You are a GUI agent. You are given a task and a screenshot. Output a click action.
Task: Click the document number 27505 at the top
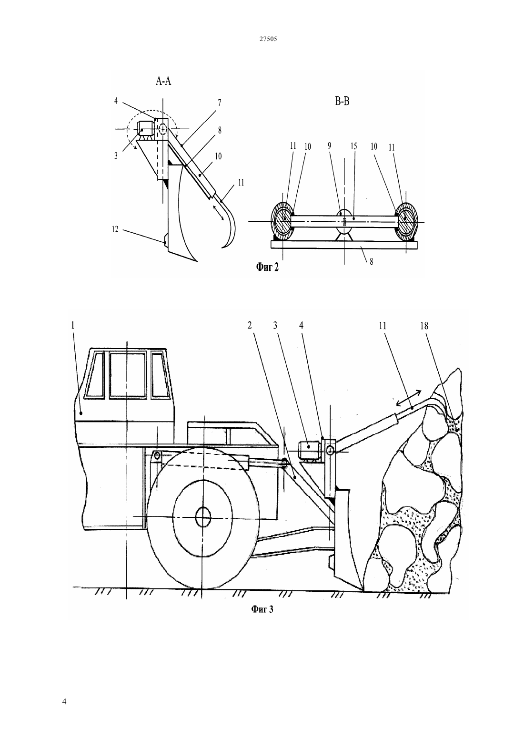click(268, 39)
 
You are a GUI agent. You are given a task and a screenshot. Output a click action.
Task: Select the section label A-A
click(163, 81)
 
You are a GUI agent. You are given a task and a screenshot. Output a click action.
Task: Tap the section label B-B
click(342, 101)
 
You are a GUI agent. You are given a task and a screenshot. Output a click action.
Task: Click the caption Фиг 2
click(267, 267)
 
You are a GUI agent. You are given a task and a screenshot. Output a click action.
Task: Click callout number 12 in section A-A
click(115, 229)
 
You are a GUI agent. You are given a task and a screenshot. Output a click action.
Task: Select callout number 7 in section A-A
click(219, 103)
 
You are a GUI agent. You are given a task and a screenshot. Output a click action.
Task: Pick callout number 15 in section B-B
click(353, 146)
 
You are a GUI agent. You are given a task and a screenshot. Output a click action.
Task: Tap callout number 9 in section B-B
click(329, 146)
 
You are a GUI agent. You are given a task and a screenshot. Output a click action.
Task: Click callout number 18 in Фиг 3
click(424, 326)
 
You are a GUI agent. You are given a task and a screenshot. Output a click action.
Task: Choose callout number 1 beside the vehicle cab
click(73, 325)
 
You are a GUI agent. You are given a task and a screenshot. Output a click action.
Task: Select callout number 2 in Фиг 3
click(250, 325)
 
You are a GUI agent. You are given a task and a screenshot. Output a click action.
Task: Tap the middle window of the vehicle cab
click(128, 375)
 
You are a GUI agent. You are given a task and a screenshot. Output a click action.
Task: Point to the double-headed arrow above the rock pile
click(409, 398)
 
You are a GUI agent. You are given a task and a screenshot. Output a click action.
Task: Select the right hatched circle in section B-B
click(406, 221)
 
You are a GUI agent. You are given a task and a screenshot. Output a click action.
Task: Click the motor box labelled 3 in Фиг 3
click(309, 451)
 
